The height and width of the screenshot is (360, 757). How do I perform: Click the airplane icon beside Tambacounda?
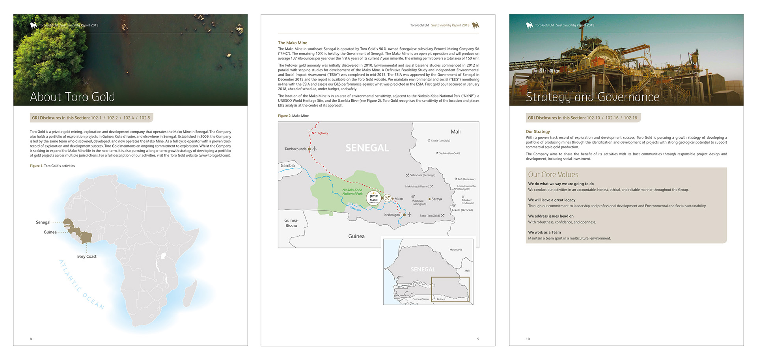[x=314, y=149]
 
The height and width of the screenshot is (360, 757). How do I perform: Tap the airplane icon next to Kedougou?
[x=409, y=215]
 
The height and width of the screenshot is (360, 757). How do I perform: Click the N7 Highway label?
[x=320, y=133]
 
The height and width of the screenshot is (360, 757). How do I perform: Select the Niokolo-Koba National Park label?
[x=352, y=192]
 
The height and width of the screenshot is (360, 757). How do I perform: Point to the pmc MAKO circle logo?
[x=373, y=198]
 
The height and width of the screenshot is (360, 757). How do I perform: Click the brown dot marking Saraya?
[x=429, y=199]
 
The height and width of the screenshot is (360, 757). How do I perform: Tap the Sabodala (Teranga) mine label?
[x=422, y=175]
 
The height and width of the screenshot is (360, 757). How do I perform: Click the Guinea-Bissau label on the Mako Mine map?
[x=291, y=223]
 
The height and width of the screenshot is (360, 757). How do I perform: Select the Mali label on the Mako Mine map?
[x=455, y=132]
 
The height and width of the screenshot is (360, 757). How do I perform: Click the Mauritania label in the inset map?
[x=456, y=250]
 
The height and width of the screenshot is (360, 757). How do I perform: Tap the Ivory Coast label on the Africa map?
[x=86, y=256]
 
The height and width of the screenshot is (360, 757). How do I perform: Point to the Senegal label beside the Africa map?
[x=43, y=222]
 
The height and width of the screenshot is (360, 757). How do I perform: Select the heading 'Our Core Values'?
[x=553, y=175]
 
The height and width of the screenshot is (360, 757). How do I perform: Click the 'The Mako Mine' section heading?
[x=292, y=43]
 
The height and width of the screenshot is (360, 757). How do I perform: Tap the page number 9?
[x=478, y=339]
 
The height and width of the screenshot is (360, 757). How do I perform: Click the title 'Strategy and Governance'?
[x=592, y=97]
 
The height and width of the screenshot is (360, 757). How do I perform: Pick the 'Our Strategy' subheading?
[x=537, y=132]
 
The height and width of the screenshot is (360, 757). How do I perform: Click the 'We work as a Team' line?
[x=544, y=232]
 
